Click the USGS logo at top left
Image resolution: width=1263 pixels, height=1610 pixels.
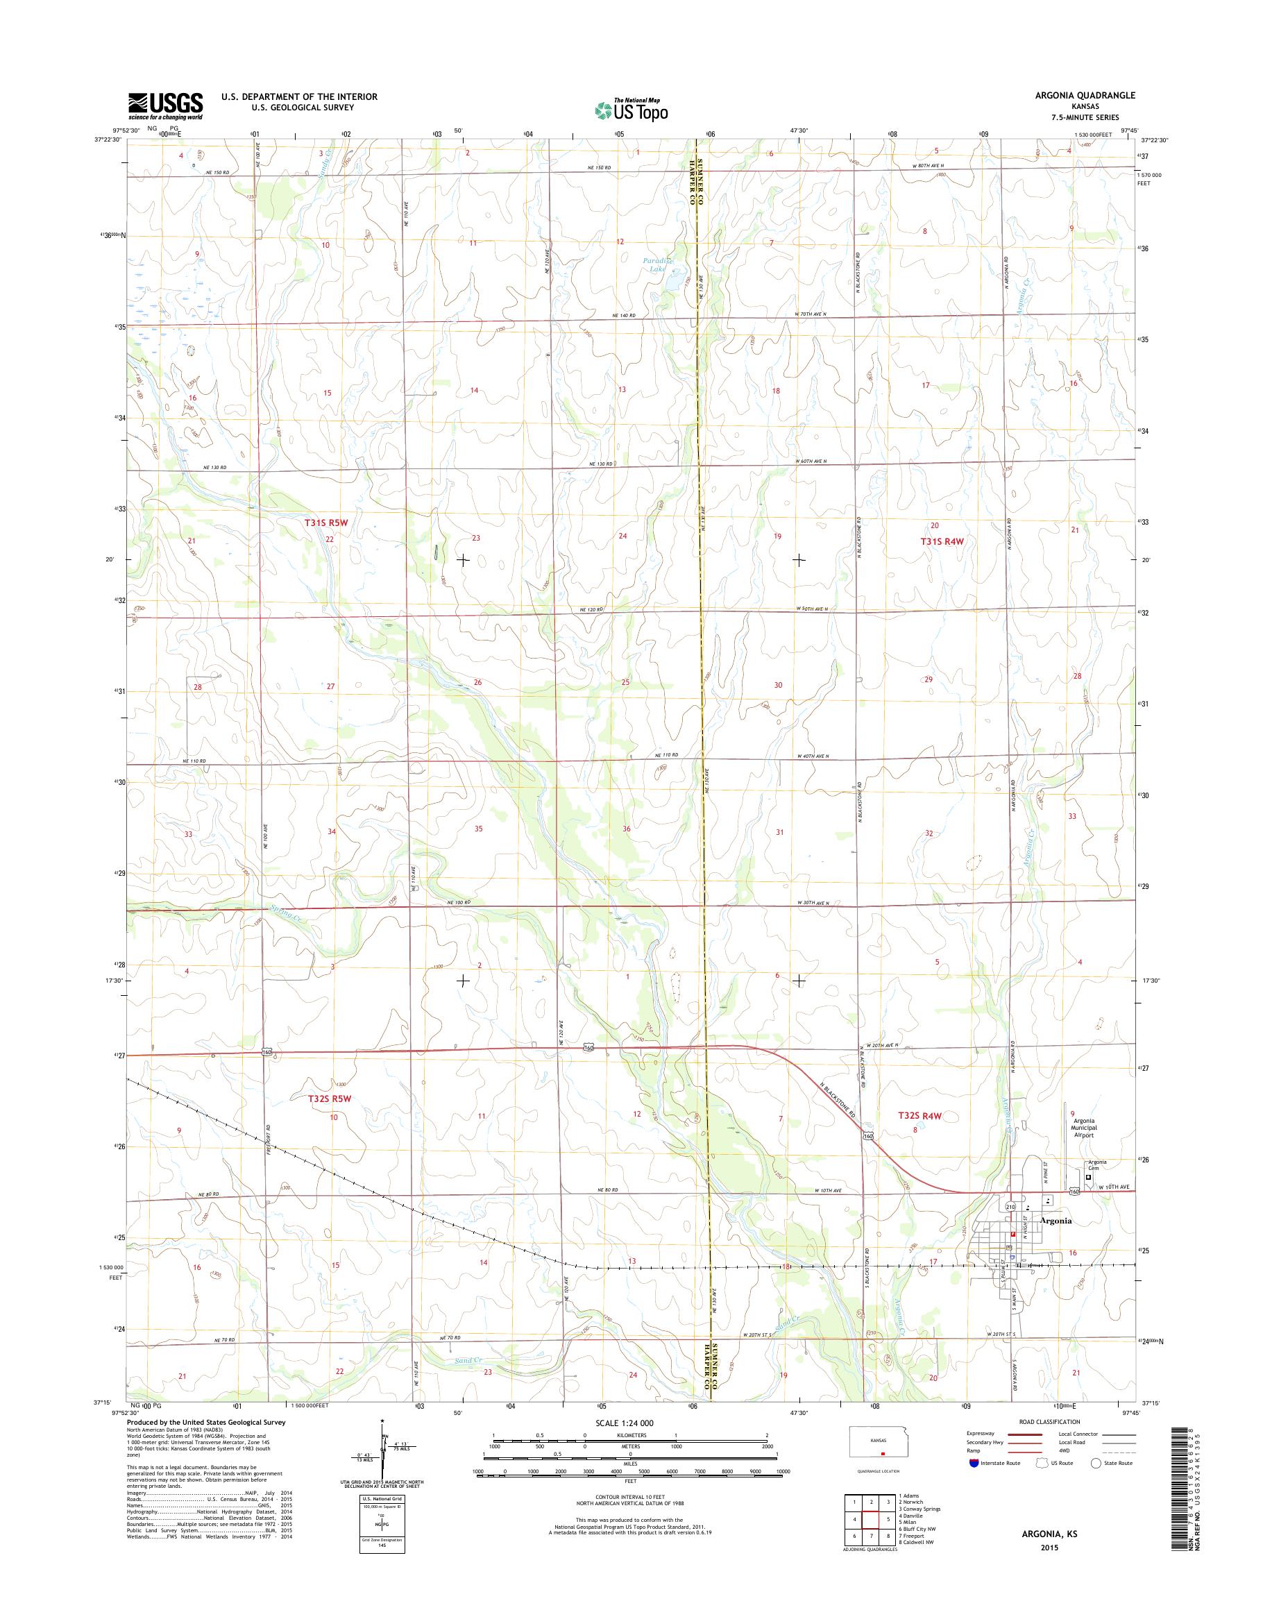(166, 105)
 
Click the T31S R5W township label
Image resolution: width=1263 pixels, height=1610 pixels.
(326, 522)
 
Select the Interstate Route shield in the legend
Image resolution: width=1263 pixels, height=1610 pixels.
(973, 1463)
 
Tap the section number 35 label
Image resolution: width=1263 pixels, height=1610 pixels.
(478, 829)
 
